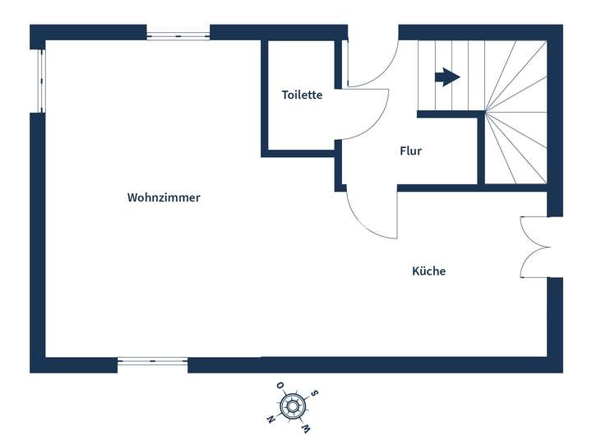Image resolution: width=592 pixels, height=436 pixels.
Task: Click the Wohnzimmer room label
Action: pyautogui.click(x=164, y=197)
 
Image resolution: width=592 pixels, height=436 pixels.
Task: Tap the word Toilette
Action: pyautogui.click(x=302, y=95)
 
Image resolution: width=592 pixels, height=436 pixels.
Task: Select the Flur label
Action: pyautogui.click(x=410, y=151)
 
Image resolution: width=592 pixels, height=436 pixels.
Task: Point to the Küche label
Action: pyautogui.click(x=428, y=271)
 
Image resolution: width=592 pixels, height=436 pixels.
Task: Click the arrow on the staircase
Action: pyautogui.click(x=446, y=77)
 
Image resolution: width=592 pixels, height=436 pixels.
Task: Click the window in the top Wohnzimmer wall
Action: pyautogui.click(x=178, y=35)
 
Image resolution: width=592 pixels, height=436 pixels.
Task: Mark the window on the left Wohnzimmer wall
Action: pyautogui.click(x=38, y=80)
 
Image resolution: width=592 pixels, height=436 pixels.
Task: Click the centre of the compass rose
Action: pyautogui.click(x=294, y=406)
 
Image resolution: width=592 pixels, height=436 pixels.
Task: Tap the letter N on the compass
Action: pyautogui.click(x=271, y=420)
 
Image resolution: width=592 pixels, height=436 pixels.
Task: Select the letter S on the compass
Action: pyautogui.click(x=315, y=393)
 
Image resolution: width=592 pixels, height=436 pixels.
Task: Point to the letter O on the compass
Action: pyautogui.click(x=280, y=385)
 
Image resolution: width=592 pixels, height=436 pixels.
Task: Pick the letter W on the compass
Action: pyautogui.click(x=306, y=428)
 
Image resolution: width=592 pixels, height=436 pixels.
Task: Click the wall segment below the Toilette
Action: pyautogui.click(x=298, y=153)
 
